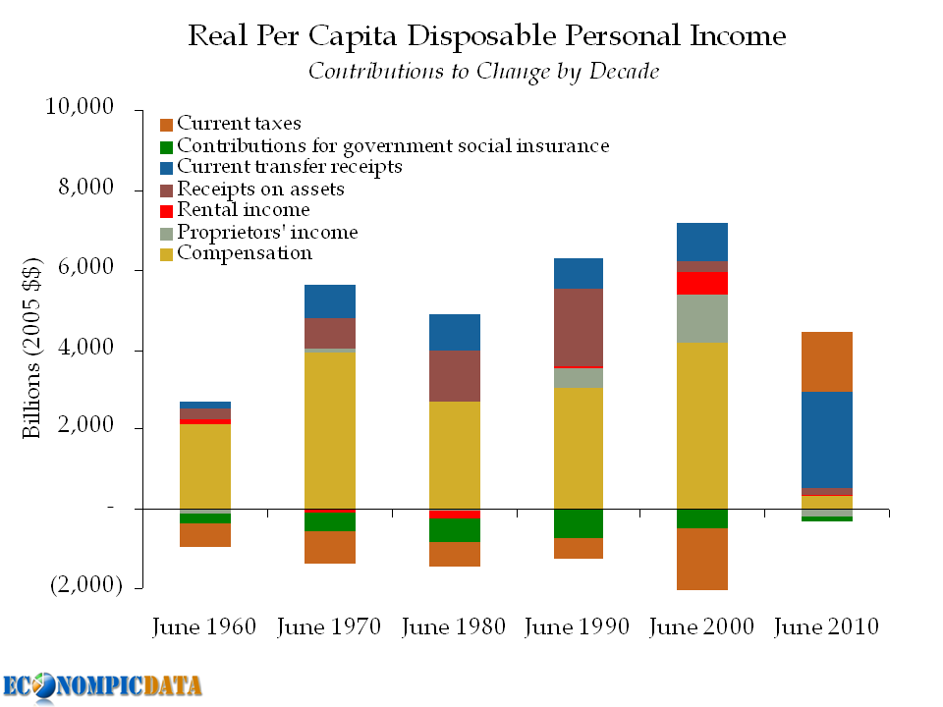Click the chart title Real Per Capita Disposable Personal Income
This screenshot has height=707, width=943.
[486, 37]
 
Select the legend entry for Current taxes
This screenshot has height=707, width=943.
[239, 125]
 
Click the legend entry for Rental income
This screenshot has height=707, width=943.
[243, 210]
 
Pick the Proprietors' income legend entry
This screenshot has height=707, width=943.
[267, 233]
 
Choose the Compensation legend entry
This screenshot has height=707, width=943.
[244, 254]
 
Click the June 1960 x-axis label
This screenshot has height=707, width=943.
[204, 626]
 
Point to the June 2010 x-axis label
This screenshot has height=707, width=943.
[826, 626]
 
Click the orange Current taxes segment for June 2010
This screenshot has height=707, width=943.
[826, 361]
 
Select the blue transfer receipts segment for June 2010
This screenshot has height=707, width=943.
[826, 439]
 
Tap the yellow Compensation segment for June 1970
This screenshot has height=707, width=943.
[329, 430]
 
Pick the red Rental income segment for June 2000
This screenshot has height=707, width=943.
[701, 283]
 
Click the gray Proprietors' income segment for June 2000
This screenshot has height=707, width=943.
[701, 318]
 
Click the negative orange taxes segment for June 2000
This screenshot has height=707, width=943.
[701, 559]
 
